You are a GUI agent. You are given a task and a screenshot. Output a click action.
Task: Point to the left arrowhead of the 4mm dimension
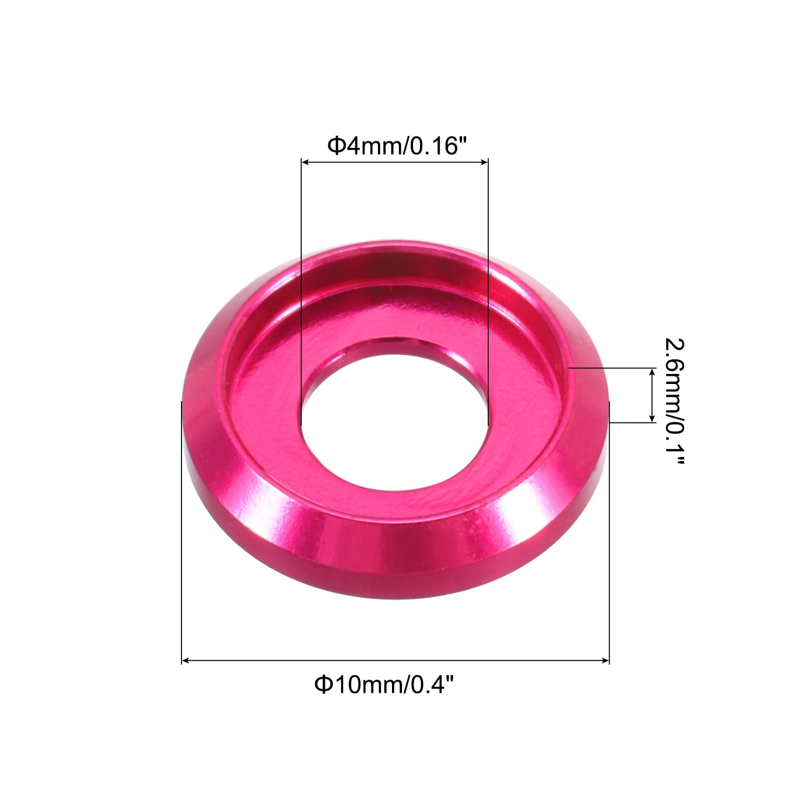(304, 162)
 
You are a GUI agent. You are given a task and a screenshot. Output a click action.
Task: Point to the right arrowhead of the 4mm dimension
(485, 162)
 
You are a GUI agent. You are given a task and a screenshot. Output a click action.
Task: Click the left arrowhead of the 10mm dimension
(185, 661)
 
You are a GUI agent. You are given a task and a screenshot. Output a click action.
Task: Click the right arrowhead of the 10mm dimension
(606, 661)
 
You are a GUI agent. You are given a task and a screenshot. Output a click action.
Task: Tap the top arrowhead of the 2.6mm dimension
(652, 371)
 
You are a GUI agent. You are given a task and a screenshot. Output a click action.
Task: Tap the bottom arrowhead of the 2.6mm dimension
(652, 419)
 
